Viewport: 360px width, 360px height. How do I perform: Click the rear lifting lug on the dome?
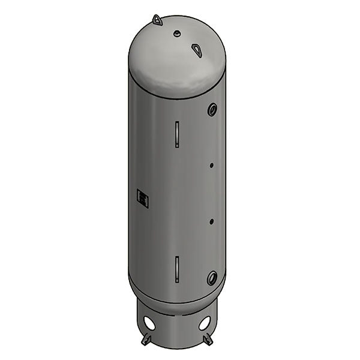pyautogui.click(x=157, y=20)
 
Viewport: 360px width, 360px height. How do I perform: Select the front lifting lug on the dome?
pyautogui.click(x=197, y=50)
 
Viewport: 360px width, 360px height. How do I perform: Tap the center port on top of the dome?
pyautogui.click(x=177, y=34)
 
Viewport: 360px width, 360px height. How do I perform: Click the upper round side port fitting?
pyautogui.click(x=212, y=109)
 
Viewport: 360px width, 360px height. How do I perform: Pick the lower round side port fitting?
pyautogui.click(x=212, y=278)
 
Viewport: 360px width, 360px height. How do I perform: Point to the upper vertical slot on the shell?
pyautogui.click(x=177, y=134)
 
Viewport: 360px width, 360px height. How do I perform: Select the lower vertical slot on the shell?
pyautogui.click(x=177, y=268)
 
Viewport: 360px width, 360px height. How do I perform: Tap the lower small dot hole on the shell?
pyautogui.click(x=212, y=221)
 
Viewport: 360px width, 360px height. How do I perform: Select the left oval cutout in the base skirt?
pyautogui.click(x=149, y=323)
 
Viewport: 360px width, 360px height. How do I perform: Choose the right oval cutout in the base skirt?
pyautogui.click(x=205, y=323)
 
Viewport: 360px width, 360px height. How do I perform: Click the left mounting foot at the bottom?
pyautogui.click(x=146, y=340)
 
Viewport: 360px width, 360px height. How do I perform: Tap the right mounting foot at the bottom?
pyautogui.click(x=208, y=340)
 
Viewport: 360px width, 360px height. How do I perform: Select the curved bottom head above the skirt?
pyautogui.click(x=177, y=298)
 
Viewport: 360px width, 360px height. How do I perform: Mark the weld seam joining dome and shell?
pyautogui.click(x=177, y=97)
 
